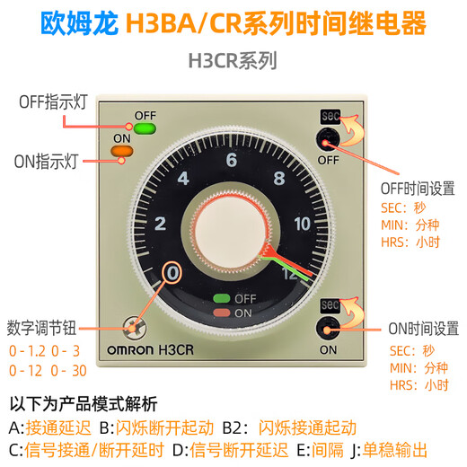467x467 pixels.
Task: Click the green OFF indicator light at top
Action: point(144,128)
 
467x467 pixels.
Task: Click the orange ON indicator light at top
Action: point(120,150)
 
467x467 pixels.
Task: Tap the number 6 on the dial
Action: point(231,161)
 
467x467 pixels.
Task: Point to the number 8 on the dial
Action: point(279,178)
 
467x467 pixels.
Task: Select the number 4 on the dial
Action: point(183,178)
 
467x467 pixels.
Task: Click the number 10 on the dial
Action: point(302,224)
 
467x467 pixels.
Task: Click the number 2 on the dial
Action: point(161,224)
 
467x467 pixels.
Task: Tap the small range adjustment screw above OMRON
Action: point(136,326)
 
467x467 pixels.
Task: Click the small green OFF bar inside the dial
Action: point(218,297)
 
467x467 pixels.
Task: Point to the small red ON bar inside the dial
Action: point(218,313)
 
